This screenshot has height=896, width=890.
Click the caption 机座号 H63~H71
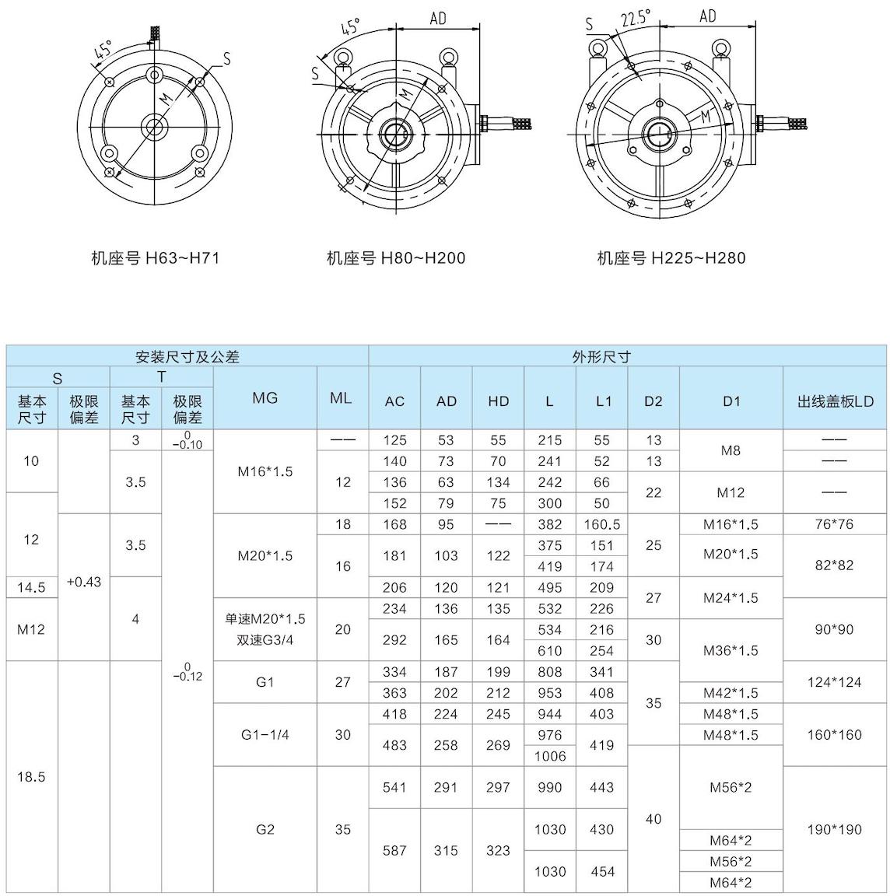155,257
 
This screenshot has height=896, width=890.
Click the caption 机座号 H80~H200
395,257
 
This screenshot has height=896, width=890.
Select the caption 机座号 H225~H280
671,257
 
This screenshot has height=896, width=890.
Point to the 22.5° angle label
636,19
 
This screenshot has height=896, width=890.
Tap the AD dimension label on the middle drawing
438,18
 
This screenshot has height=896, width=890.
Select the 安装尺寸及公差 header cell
187,357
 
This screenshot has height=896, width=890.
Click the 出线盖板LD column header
835,401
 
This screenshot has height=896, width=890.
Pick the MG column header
265,397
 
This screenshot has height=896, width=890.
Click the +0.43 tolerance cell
83,582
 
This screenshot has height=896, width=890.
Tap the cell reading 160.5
601,524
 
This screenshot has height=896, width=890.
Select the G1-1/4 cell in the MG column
265,734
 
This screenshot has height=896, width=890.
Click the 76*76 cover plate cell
834,524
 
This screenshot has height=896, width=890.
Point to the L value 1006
549,756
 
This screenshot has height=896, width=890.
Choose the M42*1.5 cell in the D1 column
731,693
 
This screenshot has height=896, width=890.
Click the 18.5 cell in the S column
31,777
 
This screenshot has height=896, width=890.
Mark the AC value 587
394,850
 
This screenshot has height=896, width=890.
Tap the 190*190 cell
834,829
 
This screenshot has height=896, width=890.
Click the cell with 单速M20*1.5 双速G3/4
265,629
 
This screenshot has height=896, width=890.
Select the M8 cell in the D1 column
731,450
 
